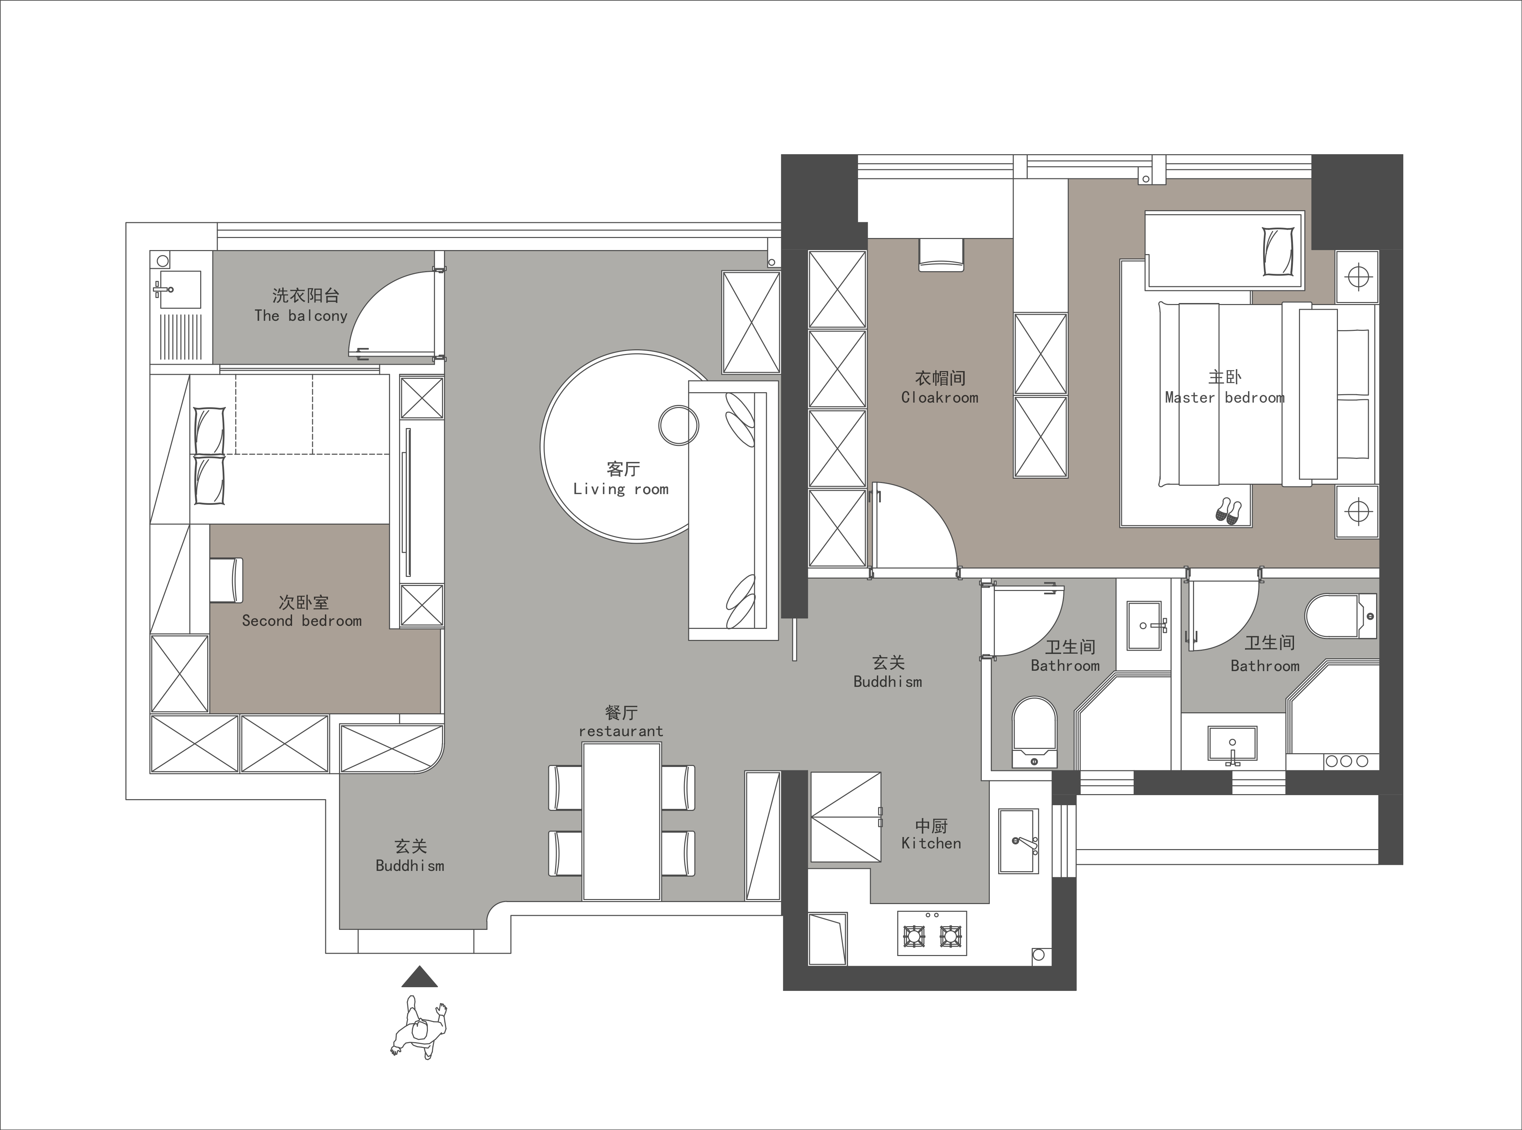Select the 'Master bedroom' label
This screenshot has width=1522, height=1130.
click(x=1225, y=398)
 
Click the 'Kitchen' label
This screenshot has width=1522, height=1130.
click(x=931, y=843)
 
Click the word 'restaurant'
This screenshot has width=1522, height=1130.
click(x=621, y=731)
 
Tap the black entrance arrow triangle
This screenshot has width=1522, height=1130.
click(x=419, y=977)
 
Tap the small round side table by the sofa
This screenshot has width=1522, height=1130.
click(x=679, y=425)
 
